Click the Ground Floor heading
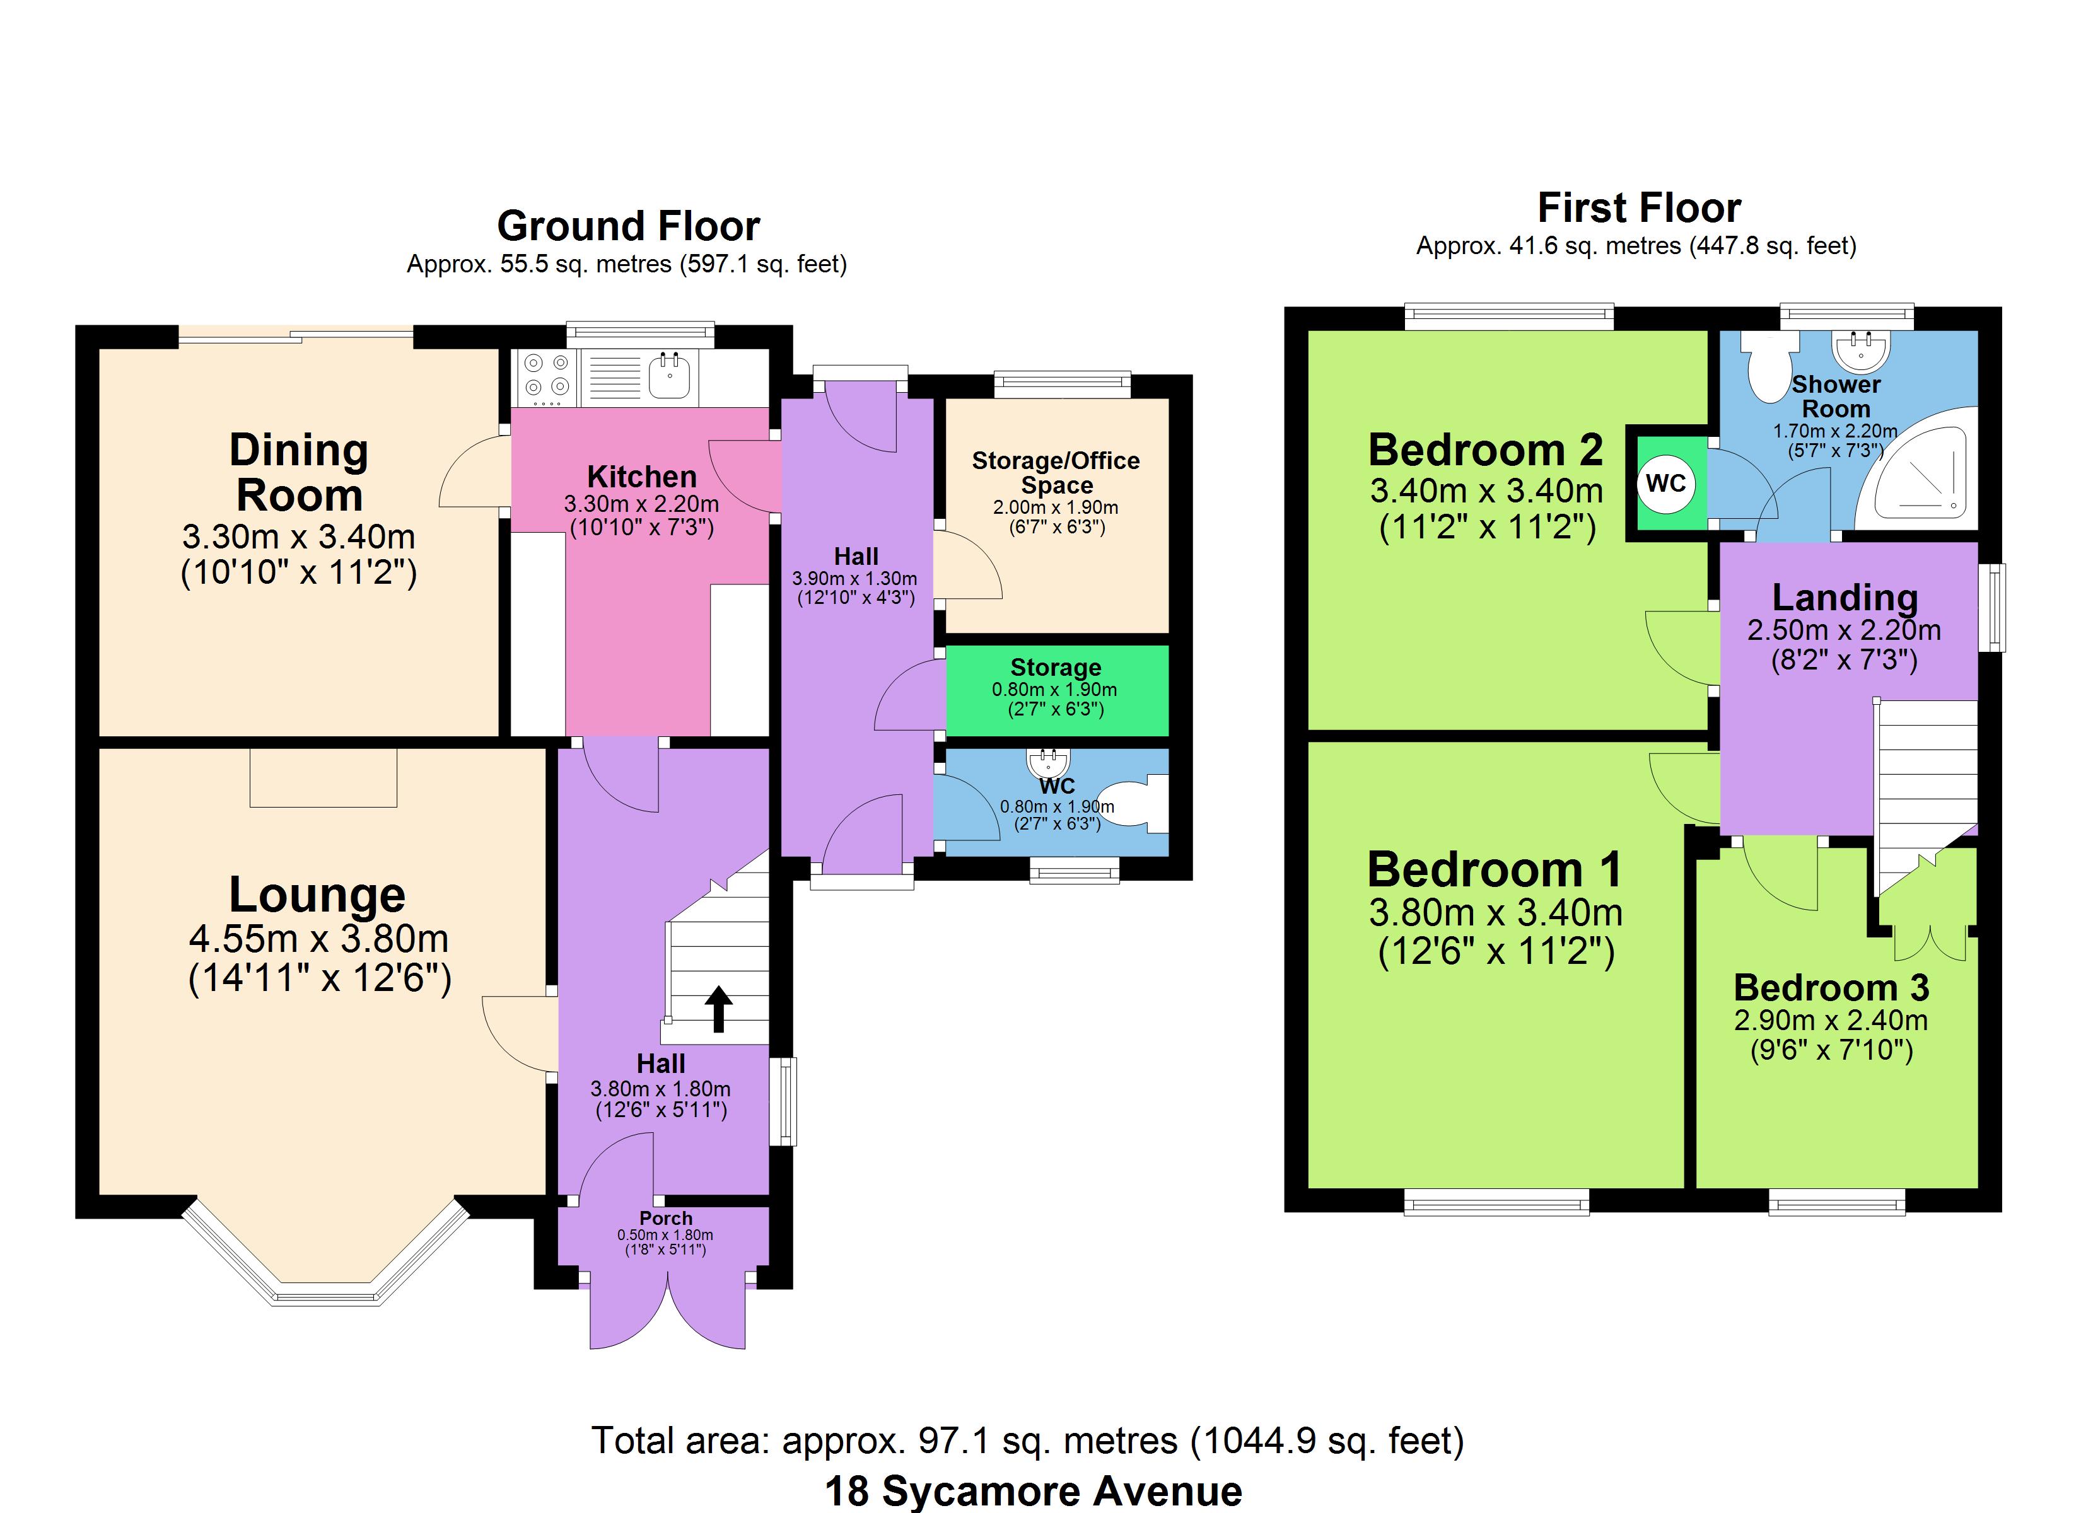coord(629,226)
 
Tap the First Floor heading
coord(1639,208)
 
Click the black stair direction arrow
coord(718,1009)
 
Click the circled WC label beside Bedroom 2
coord(1665,484)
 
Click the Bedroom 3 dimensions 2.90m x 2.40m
coord(1831,1020)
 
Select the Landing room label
coord(1845,597)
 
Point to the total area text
coord(1028,1441)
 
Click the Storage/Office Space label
coord(1056,473)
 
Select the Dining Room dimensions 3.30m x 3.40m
coord(299,536)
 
